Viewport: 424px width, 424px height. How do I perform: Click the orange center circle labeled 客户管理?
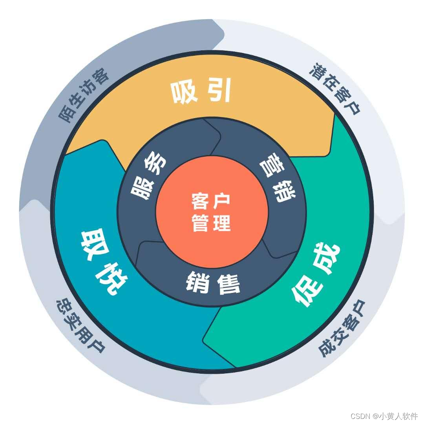point(212,212)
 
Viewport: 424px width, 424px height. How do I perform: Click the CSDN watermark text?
point(384,416)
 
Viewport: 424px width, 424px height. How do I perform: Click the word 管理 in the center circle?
point(211,224)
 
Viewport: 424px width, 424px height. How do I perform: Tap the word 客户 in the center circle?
point(211,201)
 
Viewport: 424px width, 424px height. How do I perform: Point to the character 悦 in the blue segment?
point(114,280)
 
